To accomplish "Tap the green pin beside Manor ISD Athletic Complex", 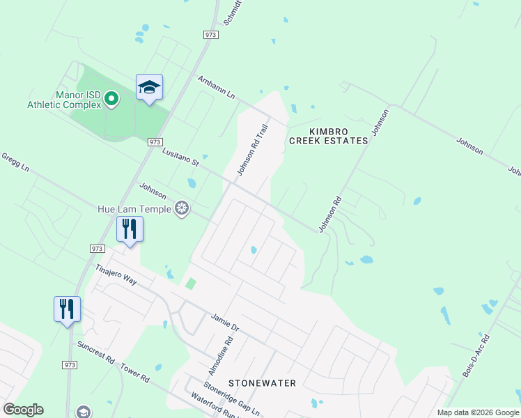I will pos(111,100).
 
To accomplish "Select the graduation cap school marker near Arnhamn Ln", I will pos(149,88).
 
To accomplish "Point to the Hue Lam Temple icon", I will pos(182,208).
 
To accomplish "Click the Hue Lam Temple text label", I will pos(134,208).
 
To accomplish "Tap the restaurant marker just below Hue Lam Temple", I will pos(130,229).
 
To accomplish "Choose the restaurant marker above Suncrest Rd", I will pos(67,309).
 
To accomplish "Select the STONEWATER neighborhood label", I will pos(262,383).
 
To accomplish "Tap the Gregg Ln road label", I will pos(15,163).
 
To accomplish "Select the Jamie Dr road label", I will pos(224,323).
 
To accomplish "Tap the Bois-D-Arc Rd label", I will pos(476,356).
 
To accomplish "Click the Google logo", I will pos(23,410).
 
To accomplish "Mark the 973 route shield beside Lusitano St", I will pos(155,141).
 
